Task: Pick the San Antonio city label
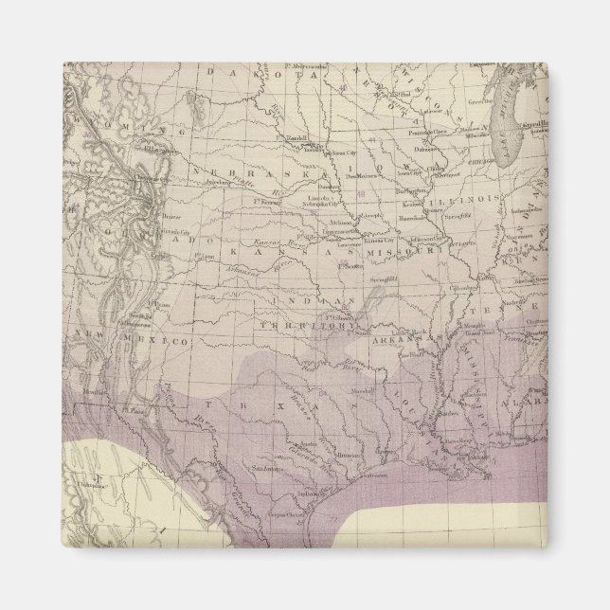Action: pyautogui.click(x=265, y=466)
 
